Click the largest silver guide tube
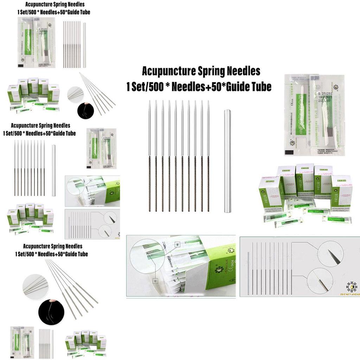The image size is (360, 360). [227, 161]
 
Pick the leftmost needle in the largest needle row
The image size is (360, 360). [149, 156]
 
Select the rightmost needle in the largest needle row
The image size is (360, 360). [208, 156]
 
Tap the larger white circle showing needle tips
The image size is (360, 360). [35, 287]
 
